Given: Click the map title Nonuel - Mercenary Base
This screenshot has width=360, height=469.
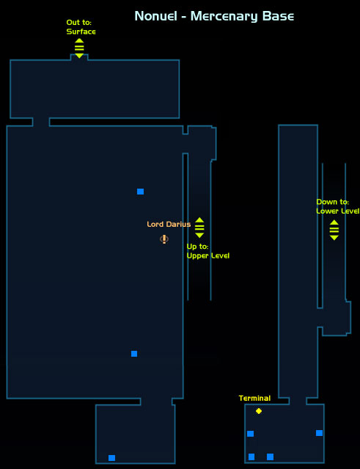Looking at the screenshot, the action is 214,16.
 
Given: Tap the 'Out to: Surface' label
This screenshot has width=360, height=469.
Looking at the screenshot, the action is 81,27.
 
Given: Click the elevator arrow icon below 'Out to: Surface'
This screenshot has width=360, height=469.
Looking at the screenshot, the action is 79,48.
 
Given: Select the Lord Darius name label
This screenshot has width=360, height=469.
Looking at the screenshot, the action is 169,225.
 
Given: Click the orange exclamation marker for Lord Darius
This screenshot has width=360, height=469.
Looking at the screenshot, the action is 164,239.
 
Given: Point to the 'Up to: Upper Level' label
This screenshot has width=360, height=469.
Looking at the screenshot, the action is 208,251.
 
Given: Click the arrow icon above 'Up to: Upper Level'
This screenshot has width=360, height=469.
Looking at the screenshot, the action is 199,228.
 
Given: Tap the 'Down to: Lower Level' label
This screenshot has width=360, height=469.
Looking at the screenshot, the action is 337,206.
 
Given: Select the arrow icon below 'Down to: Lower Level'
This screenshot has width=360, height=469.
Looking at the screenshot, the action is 334,230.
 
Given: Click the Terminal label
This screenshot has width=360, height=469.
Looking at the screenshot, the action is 254,398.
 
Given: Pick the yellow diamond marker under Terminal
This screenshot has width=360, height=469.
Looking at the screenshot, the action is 259,411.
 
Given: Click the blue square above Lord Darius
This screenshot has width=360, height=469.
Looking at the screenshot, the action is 141,192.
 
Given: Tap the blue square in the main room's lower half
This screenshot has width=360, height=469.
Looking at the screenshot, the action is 134,354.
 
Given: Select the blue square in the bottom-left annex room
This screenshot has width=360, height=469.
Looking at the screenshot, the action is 111,458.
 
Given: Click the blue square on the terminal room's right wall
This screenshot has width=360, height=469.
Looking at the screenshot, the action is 319,433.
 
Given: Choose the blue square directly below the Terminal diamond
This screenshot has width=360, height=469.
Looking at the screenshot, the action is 250,434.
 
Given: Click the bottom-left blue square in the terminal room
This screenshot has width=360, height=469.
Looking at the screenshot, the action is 251,457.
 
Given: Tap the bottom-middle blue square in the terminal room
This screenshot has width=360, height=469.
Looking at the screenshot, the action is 270,457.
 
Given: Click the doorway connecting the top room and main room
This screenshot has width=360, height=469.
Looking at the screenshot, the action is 41,122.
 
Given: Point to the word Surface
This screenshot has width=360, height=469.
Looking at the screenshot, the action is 81,32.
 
